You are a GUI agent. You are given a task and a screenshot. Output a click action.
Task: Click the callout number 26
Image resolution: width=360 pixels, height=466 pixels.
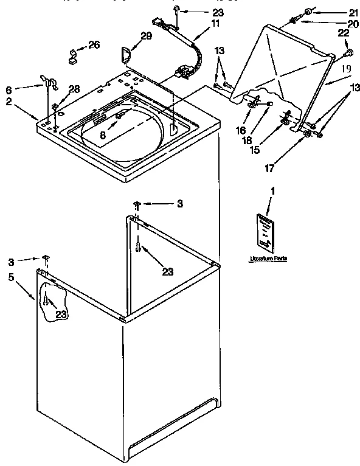pyautogui.click(x=93, y=44)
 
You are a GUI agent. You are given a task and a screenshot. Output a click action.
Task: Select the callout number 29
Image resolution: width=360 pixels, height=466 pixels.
pyautogui.click(x=145, y=37)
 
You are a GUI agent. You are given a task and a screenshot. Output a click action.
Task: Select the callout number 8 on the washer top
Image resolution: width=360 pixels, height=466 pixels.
pyautogui.click(x=103, y=136)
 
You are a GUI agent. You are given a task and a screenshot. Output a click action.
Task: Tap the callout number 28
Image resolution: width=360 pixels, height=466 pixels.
pyautogui.click(x=74, y=89)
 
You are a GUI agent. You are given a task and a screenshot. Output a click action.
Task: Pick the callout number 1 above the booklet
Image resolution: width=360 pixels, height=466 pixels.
pyautogui.click(x=272, y=192)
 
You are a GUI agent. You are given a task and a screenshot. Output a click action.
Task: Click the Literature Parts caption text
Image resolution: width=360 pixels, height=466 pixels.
pyautogui.click(x=268, y=259)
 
